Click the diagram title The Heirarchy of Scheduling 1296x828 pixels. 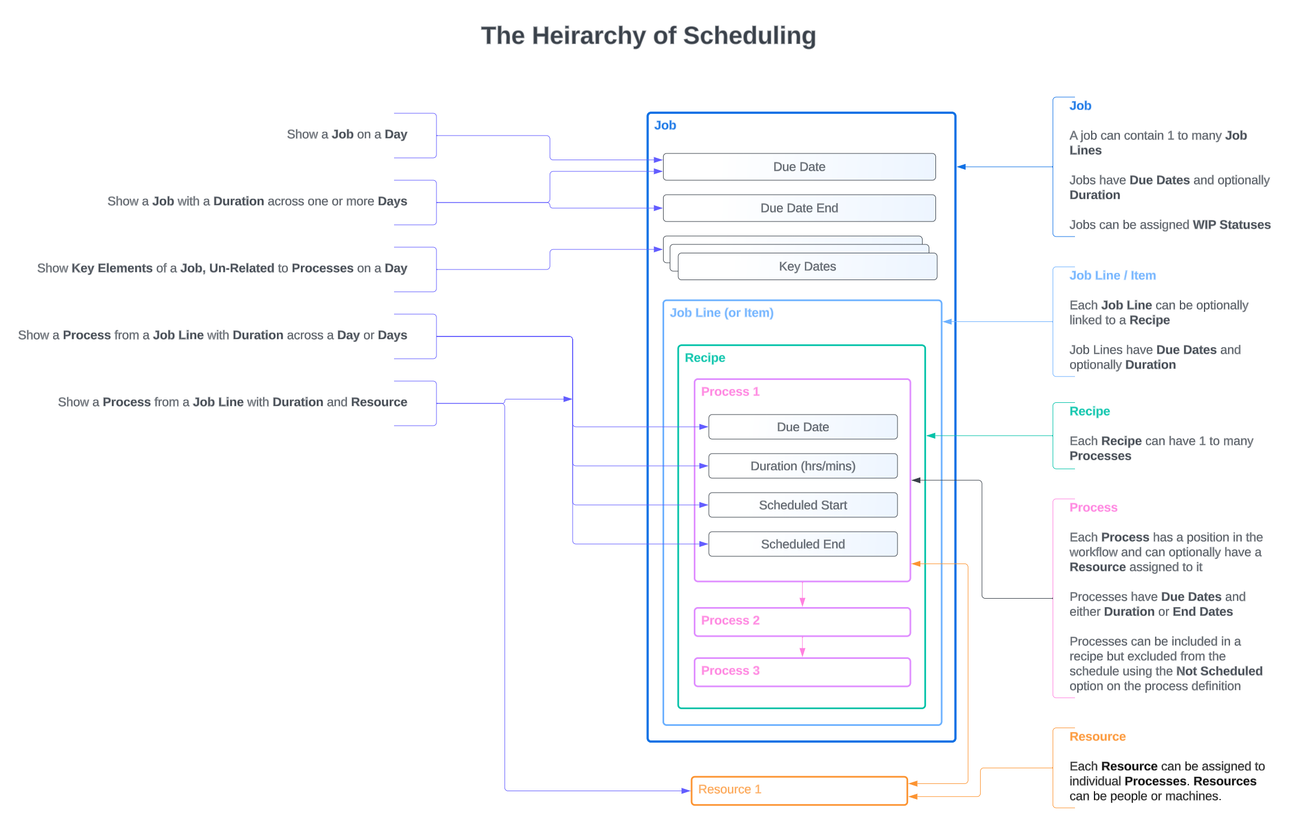pos(648,36)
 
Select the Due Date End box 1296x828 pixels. pos(799,208)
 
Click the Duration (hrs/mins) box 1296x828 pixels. pos(802,466)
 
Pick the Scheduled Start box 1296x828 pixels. pos(802,505)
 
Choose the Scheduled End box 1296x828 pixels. pos(802,544)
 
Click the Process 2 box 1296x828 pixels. pos(801,622)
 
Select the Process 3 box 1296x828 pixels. pos(801,672)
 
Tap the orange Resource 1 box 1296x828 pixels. pos(798,790)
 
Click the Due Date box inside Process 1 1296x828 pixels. pos(802,427)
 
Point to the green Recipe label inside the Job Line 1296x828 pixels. pos(704,358)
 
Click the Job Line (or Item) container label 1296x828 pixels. pos(721,313)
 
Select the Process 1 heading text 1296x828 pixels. pos(729,392)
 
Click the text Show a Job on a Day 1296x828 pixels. pos(347,134)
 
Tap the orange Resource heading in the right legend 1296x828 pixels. pos(1097,736)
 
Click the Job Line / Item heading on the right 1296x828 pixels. pos(1112,275)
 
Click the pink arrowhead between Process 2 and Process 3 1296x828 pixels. pos(802,652)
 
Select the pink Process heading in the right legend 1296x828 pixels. pos(1093,507)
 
